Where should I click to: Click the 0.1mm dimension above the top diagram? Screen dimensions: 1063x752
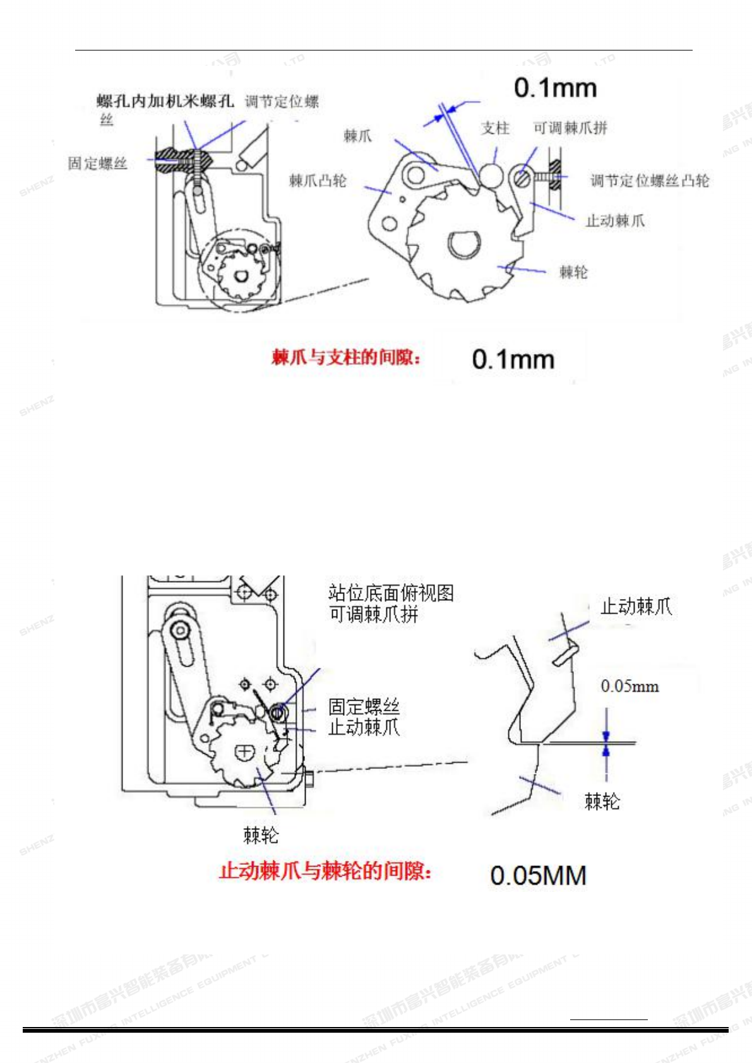point(555,88)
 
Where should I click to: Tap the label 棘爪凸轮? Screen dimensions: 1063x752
point(318,181)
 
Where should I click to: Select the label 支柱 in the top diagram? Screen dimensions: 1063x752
point(495,128)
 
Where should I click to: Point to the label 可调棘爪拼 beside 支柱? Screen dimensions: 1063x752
point(570,128)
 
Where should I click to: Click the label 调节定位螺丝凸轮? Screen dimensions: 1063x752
point(649,181)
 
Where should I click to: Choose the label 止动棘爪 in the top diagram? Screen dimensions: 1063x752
point(615,221)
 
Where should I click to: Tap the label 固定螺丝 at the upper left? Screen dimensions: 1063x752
point(98,163)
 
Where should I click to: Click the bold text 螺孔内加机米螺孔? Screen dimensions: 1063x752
point(165,101)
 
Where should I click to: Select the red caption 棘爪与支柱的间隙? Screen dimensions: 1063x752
point(346,357)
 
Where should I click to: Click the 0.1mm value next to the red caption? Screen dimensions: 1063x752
point(513,359)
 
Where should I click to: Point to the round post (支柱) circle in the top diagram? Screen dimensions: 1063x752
point(491,175)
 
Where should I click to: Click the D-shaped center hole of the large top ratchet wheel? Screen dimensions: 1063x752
point(465,244)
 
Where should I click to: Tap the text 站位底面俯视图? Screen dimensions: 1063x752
point(391,593)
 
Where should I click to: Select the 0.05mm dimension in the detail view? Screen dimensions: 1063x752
point(630,686)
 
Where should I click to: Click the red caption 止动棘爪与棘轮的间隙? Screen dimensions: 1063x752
point(325,871)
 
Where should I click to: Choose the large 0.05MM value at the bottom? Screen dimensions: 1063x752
point(538,876)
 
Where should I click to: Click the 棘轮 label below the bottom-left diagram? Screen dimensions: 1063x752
point(261,835)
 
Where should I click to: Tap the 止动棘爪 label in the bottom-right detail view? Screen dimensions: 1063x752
point(636,607)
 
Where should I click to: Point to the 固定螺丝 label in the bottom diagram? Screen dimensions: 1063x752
point(364,706)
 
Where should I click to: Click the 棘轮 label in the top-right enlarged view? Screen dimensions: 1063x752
point(573,272)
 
